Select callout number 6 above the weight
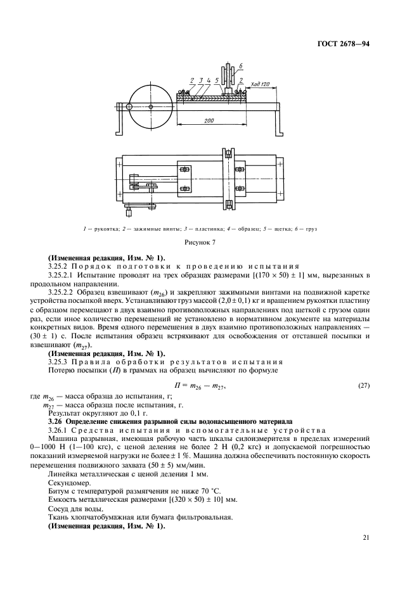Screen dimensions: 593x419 [241, 65]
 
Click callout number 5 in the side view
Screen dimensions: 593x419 [217, 80]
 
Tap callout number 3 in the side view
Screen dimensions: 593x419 [199, 80]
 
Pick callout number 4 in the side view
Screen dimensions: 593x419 [208, 80]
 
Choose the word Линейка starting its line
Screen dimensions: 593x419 [62, 473]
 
